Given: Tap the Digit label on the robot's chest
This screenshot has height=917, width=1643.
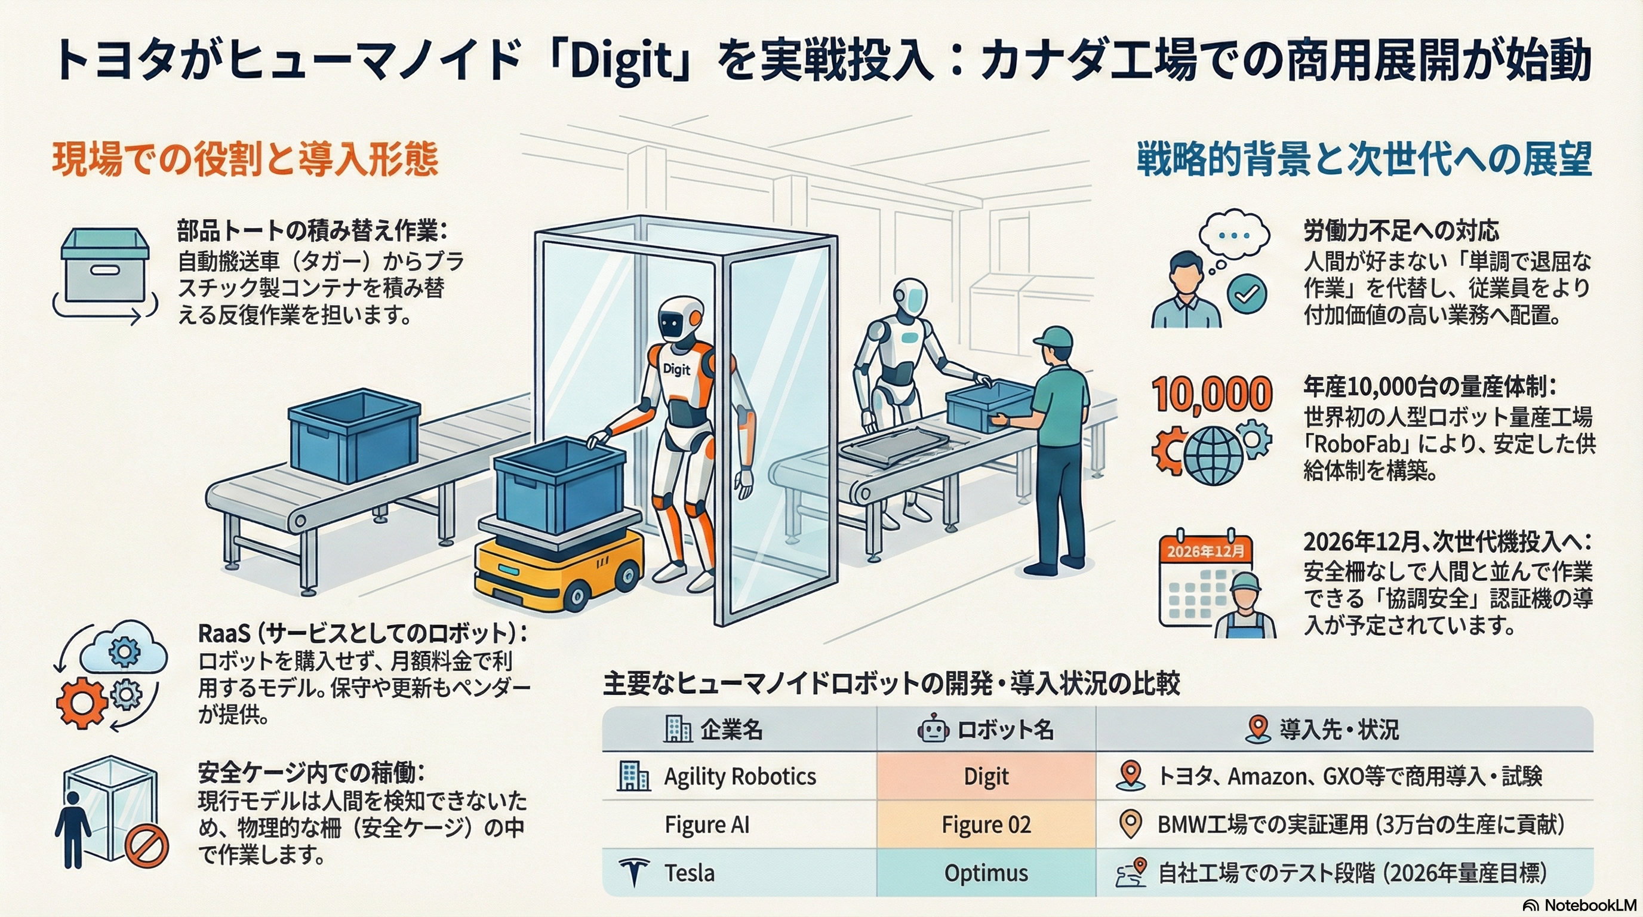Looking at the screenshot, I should [676, 368].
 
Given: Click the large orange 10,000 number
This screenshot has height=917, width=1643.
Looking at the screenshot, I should [1212, 394].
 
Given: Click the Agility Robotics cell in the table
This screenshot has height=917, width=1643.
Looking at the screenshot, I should [740, 776].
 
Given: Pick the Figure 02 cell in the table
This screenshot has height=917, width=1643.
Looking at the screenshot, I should [986, 824].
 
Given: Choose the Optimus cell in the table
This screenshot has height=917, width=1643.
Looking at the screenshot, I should [986, 873].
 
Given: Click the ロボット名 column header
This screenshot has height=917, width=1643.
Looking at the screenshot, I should [986, 730].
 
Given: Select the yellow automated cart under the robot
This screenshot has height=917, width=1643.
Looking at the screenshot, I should [558, 571].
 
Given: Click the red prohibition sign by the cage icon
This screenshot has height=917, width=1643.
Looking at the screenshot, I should [147, 848].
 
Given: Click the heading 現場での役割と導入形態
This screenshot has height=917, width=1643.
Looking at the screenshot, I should [245, 159].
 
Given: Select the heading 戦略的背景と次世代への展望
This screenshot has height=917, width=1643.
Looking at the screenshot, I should [1365, 159].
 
